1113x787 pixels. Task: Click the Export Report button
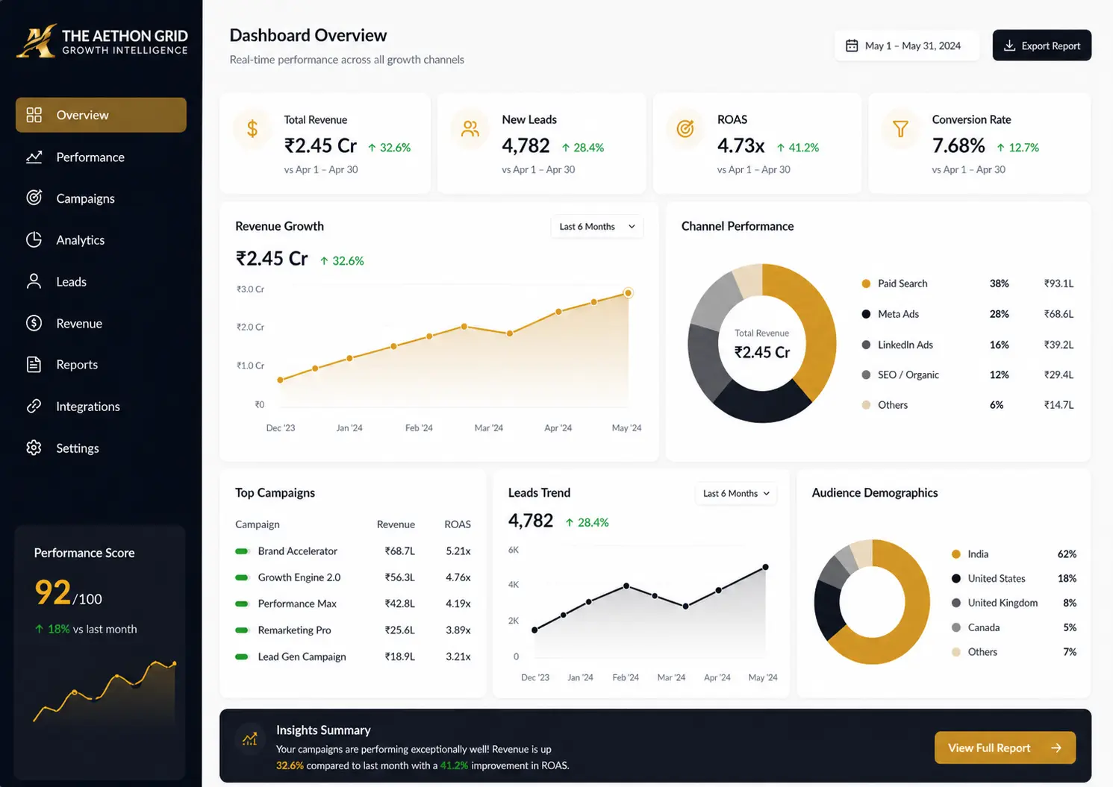coord(1041,46)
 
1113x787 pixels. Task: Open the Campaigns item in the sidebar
coord(85,198)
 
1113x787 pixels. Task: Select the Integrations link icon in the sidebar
coord(34,406)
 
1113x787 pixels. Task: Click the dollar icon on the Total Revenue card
coord(252,128)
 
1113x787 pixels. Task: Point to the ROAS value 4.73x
coord(741,145)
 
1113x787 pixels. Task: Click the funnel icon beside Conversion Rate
coord(900,129)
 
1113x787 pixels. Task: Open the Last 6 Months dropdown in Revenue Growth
coord(596,227)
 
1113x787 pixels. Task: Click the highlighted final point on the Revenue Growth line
coord(628,293)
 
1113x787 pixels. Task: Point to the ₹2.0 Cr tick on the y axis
coord(250,327)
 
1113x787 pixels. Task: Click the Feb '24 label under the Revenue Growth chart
coord(418,427)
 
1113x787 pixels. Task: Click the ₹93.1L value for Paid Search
coord(1059,283)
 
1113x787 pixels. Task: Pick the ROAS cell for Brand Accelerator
coord(458,551)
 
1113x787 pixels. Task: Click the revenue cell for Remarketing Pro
coord(399,630)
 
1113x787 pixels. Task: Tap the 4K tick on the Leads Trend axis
coord(514,584)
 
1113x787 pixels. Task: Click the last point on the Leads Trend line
coord(765,567)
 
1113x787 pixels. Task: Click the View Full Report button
coord(1005,747)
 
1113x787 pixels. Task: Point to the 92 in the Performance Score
coord(53,592)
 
